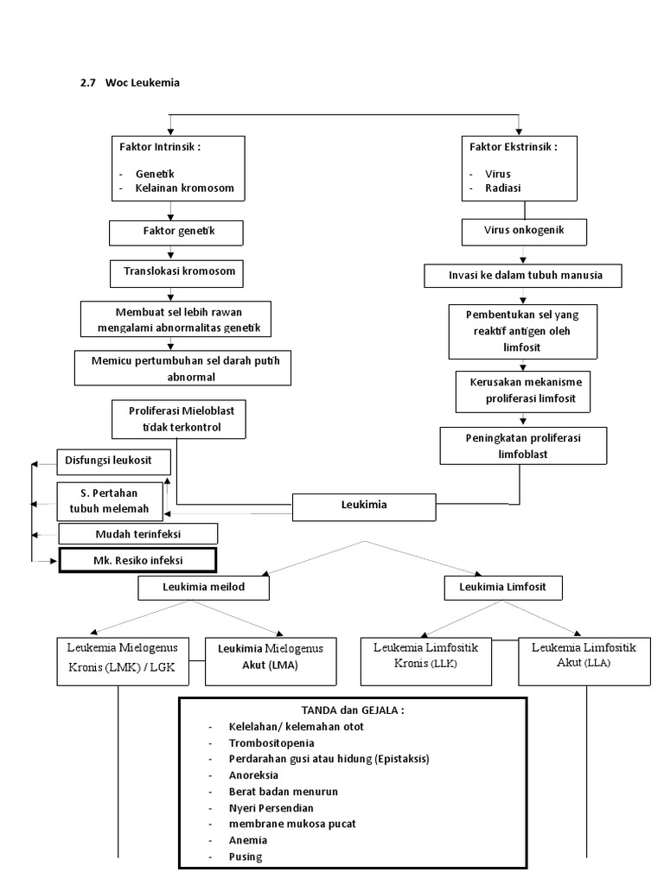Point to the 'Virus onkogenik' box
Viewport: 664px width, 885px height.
click(524, 232)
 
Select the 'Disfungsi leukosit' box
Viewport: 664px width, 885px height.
click(113, 461)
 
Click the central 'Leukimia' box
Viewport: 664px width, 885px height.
click(363, 507)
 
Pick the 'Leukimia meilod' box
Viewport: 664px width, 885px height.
click(204, 589)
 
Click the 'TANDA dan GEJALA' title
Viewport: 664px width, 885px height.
click(353, 710)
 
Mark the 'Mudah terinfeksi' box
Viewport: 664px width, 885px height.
click(138, 534)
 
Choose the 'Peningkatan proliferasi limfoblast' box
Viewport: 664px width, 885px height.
click(520, 446)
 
